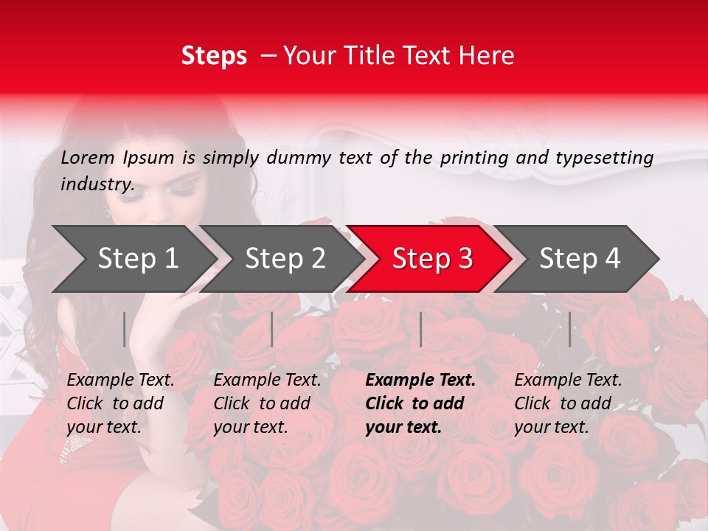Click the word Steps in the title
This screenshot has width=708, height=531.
[214, 56]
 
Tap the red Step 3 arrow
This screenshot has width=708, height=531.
[432, 258]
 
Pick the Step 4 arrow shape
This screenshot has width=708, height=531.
[580, 258]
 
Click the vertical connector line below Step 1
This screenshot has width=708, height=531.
[125, 329]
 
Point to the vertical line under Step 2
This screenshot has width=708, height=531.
[272, 329]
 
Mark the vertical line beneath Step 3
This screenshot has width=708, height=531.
[420, 329]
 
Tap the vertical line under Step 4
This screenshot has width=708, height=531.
[570, 329]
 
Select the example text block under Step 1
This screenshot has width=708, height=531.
[120, 403]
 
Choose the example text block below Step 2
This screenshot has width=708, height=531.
[267, 403]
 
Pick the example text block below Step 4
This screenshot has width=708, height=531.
[568, 403]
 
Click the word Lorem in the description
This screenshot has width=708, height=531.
[88, 157]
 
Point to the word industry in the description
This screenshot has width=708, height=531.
[97, 184]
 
